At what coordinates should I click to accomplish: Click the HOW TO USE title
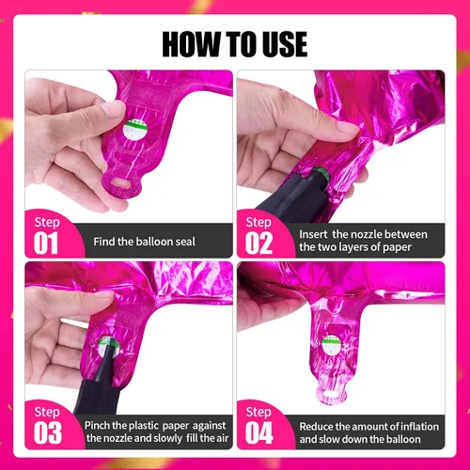[x=235, y=44]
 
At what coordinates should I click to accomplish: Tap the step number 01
[x=46, y=243]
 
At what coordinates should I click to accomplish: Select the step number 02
[x=258, y=243]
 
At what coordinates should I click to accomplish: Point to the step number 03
[x=48, y=432]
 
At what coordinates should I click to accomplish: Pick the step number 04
[x=259, y=432]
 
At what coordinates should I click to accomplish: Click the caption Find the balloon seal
[x=144, y=242]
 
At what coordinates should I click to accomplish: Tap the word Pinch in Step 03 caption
[x=97, y=426]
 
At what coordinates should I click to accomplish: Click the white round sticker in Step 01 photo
[x=135, y=130]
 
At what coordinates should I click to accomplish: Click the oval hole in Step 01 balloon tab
[x=120, y=183]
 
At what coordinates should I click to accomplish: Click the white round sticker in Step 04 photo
[x=331, y=344]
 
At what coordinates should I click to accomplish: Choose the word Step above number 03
[x=47, y=413]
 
